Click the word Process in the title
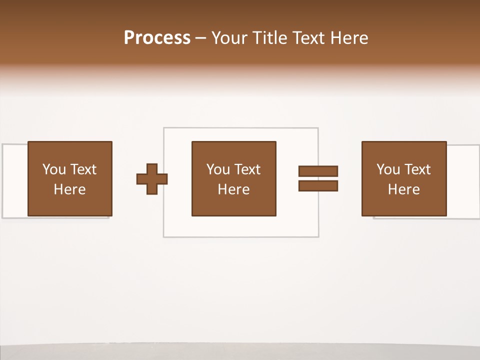(x=157, y=38)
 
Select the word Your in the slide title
(x=230, y=38)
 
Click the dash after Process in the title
(x=200, y=38)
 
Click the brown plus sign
(x=152, y=179)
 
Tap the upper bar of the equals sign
(x=318, y=171)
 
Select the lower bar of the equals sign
(x=318, y=186)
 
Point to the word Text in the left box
(x=82, y=169)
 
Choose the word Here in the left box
(x=69, y=189)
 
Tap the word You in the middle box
(x=217, y=169)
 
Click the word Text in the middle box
(x=247, y=169)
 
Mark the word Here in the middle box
(x=233, y=189)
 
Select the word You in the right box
(x=387, y=169)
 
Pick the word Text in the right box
(x=417, y=169)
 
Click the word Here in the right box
(x=403, y=189)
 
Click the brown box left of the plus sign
(x=69, y=205)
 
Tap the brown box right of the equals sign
(x=403, y=205)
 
